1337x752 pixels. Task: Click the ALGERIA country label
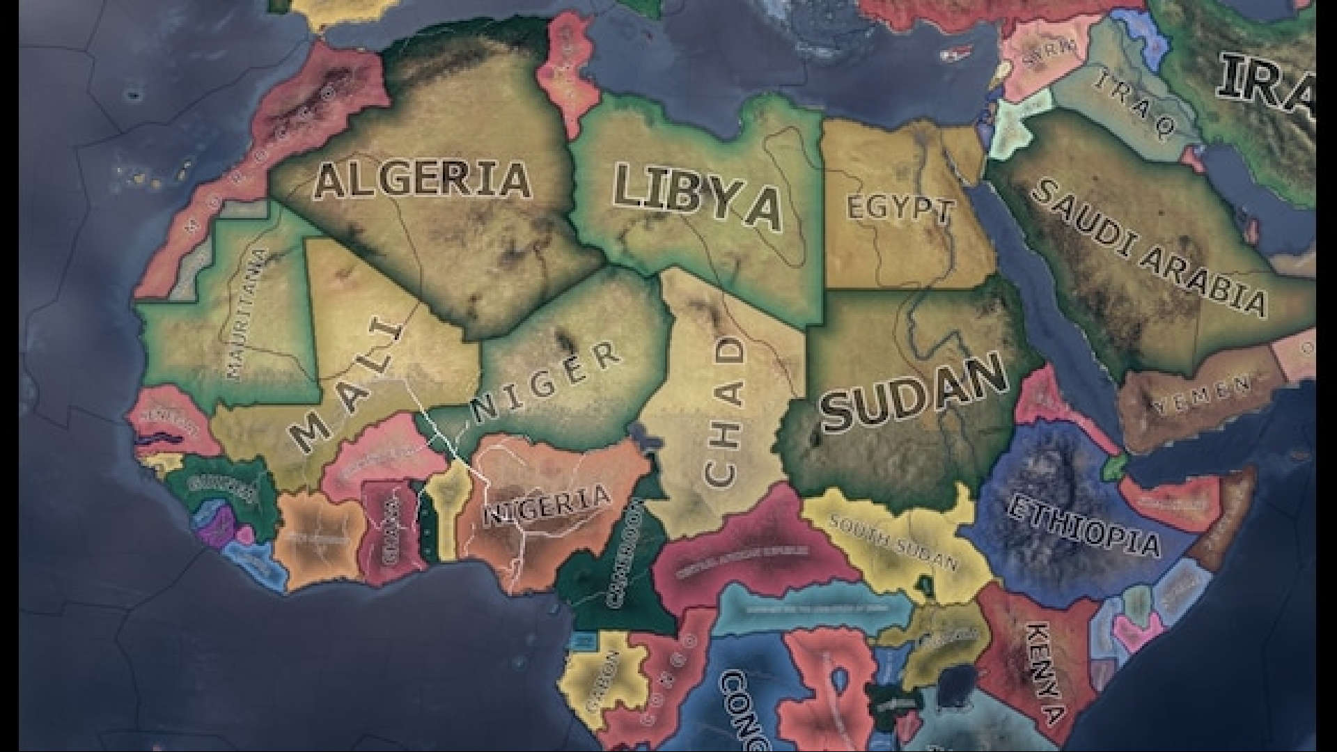click(422, 180)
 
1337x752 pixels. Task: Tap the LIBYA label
click(697, 197)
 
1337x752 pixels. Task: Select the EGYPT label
click(899, 209)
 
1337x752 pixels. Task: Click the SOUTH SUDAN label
click(894, 542)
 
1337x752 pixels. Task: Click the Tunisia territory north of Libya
click(567, 77)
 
